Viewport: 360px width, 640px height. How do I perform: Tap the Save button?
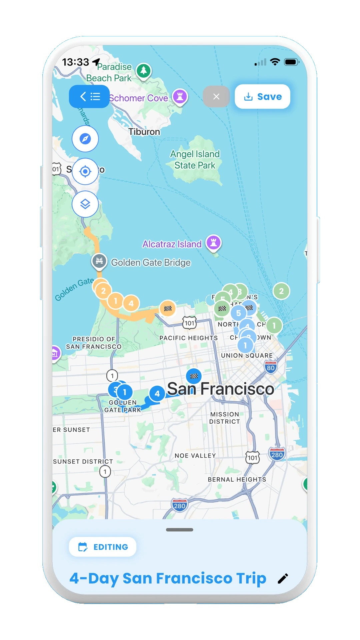point(263,97)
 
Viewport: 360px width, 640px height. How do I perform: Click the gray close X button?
point(216,97)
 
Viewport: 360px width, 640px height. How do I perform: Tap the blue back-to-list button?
point(89,97)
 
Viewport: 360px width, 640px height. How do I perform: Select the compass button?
point(85,139)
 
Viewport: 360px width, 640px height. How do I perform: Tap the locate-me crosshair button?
point(85,171)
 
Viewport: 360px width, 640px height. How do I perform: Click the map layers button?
point(85,204)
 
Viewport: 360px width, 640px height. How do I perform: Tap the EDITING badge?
point(103,547)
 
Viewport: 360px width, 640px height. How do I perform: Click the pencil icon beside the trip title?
point(283,579)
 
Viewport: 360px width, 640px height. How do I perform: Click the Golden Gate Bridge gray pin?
point(99,261)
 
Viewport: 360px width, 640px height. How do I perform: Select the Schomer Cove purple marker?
point(180,97)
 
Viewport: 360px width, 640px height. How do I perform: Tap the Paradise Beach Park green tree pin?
point(144,71)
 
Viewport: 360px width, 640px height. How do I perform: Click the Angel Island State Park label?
point(195,160)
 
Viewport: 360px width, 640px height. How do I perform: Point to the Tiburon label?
point(144,132)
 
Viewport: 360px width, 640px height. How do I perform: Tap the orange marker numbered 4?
point(131,303)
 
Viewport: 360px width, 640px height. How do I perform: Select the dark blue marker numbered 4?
point(157,394)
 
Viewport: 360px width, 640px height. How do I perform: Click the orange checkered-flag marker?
point(168,308)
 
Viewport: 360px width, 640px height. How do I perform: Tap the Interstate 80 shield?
point(271,367)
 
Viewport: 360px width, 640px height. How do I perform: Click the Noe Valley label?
point(195,456)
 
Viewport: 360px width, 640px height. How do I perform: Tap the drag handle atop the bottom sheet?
point(180,530)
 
